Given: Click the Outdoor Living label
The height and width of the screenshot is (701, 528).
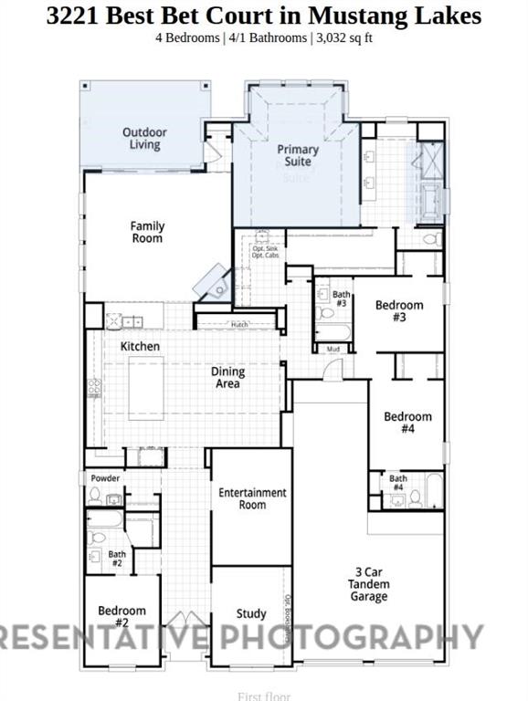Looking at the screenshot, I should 144,139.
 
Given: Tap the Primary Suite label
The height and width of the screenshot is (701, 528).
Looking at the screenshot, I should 298,155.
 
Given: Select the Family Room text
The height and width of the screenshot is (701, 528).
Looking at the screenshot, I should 146,232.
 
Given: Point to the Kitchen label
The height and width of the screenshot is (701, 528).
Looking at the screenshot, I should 140,347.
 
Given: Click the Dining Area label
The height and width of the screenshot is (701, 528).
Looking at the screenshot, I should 227,378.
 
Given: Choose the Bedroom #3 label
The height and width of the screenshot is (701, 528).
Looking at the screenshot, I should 399,311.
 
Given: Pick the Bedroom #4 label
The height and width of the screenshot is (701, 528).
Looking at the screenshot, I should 407,423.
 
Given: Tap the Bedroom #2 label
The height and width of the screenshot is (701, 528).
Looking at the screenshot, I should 122,617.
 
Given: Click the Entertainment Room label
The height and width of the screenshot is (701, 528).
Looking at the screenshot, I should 252,498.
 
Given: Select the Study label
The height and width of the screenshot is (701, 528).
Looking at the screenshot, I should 251,613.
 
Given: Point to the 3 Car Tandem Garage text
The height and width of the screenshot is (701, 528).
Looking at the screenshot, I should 369,585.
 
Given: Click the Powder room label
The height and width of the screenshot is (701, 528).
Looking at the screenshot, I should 104,477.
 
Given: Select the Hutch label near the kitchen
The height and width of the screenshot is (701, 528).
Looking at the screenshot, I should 239,324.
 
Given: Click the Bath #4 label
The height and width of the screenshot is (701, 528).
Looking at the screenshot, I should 398,483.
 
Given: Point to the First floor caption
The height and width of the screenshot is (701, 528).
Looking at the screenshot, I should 264,696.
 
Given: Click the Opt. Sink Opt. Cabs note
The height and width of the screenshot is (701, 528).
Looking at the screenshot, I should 265,252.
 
